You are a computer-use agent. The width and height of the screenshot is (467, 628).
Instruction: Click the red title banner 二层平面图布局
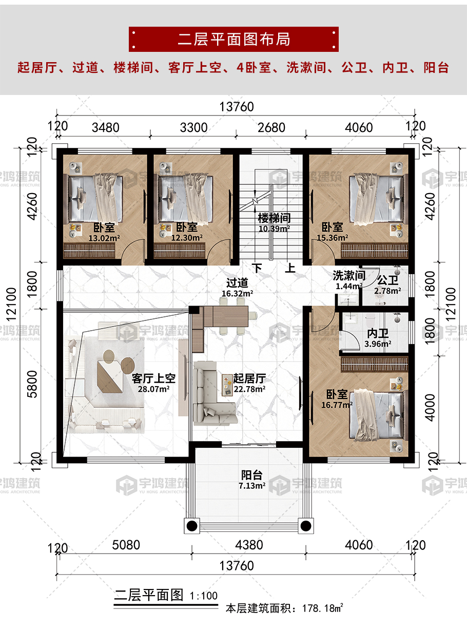[233, 39]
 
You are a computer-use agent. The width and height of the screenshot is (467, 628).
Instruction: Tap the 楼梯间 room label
[274, 218]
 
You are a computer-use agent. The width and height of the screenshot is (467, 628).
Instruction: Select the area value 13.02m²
[104, 238]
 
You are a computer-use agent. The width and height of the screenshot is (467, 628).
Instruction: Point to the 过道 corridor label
[237, 282]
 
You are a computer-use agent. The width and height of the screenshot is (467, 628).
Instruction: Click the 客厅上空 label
[153, 378]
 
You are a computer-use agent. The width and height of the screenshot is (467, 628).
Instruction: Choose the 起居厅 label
[249, 378]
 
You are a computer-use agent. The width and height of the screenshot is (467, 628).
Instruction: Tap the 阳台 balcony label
[252, 475]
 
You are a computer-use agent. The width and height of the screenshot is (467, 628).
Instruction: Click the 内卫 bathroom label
[378, 334]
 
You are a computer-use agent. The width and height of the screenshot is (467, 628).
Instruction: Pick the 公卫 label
[388, 280]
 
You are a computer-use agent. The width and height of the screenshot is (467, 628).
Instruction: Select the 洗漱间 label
[349, 275]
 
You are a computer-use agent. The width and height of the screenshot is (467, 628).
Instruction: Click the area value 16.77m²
[337, 405]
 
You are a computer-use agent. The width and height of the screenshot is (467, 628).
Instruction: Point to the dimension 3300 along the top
[193, 128]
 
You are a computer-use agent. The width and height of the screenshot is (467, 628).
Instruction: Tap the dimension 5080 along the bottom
[126, 545]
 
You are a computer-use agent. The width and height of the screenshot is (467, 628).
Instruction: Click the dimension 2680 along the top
[271, 128]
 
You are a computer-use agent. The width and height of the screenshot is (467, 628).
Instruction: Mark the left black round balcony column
[192, 526]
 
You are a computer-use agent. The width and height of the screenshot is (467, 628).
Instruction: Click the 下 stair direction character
[257, 268]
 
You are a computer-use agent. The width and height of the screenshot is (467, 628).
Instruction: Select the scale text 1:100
[204, 596]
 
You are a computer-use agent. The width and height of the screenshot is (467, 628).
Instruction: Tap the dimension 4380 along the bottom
[249, 545]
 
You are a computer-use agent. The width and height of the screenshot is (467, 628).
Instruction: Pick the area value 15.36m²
[332, 238]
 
